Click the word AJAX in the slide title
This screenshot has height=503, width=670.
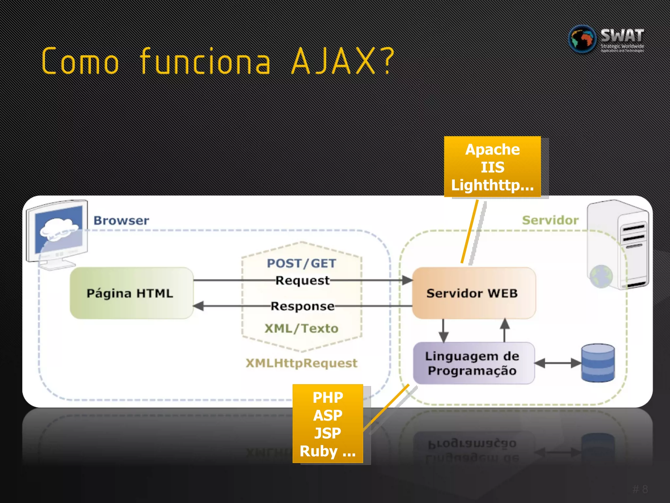(334, 62)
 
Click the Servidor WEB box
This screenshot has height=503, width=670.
(473, 293)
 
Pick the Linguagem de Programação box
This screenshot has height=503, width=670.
(473, 363)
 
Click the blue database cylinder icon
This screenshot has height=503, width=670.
(598, 363)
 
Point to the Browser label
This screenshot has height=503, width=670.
(121, 220)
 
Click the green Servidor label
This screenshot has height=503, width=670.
(550, 220)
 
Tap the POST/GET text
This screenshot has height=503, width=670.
(301, 263)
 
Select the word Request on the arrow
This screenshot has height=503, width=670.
(302, 281)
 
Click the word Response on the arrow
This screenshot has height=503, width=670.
(302, 306)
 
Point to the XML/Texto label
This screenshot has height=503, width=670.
(301, 328)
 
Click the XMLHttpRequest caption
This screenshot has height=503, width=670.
(301, 363)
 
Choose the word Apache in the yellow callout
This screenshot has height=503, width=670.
(492, 150)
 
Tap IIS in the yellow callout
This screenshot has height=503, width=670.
(492, 167)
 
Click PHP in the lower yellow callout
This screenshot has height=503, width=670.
(328, 398)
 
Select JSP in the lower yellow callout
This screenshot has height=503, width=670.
(328, 433)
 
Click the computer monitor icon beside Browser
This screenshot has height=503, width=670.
(57, 233)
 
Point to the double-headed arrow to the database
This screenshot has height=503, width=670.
(558, 363)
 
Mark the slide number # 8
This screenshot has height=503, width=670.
(640, 489)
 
